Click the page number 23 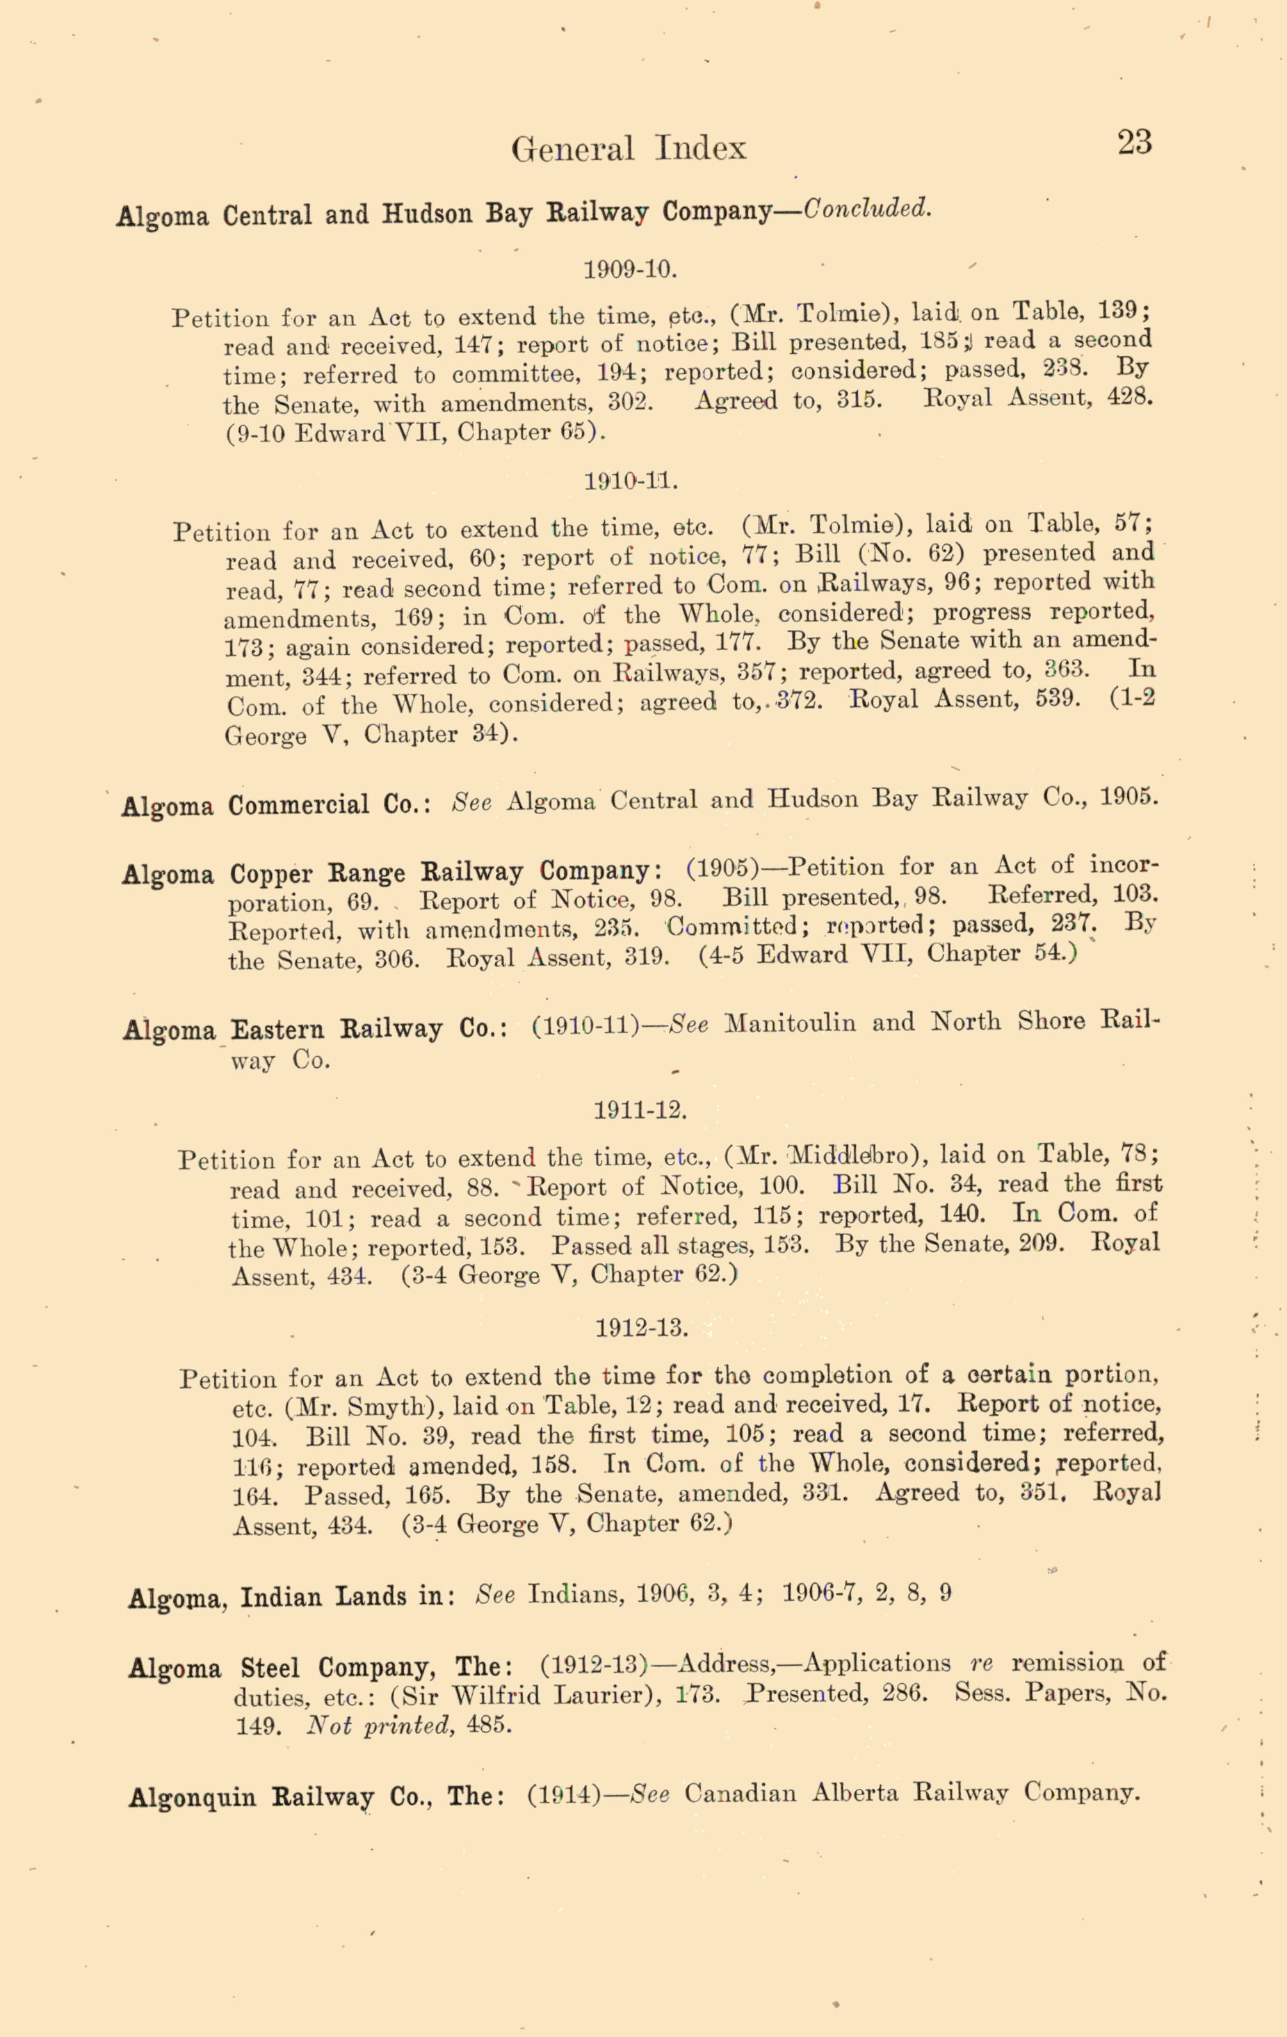click(1134, 142)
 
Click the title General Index click(629, 149)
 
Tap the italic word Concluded click(866, 209)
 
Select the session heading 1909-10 click(631, 270)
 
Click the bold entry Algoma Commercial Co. click(276, 804)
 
